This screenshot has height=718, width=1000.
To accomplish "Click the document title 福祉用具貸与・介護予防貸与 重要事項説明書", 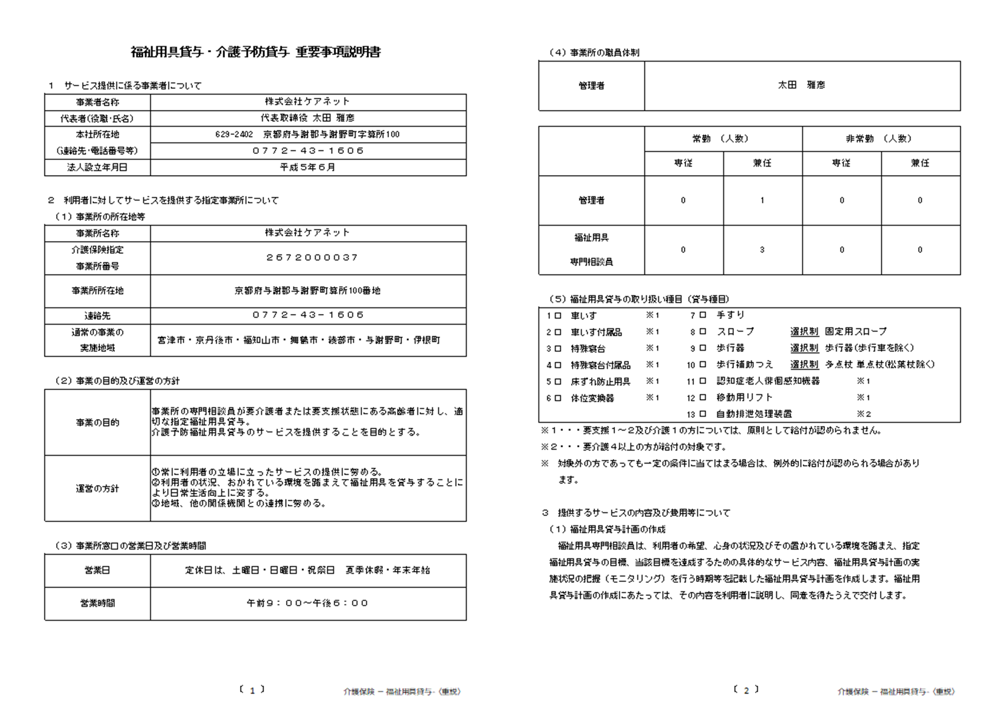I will pyautogui.click(x=256, y=52).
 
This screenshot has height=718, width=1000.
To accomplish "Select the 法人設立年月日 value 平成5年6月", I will pyautogui.click(x=308, y=167).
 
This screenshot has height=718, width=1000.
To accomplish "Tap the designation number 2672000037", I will pyautogui.click(x=308, y=258).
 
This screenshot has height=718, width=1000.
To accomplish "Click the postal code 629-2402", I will pyautogui.click(x=234, y=134).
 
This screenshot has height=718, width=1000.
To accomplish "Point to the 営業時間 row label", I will pyautogui.click(x=97, y=604).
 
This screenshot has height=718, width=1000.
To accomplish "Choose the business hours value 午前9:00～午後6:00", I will pyautogui.click(x=308, y=604).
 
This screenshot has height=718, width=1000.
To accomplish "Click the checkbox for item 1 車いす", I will pyautogui.click(x=558, y=316).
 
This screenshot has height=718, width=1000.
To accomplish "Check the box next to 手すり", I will pyautogui.click(x=703, y=315).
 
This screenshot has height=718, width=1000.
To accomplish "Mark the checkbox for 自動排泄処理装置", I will pyautogui.click(x=703, y=414).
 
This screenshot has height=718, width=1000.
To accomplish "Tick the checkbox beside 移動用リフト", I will pyautogui.click(x=703, y=397).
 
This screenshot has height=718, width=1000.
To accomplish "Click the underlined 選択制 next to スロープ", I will pyautogui.click(x=804, y=332).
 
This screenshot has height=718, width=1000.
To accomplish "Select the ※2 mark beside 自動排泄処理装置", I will pyautogui.click(x=863, y=414).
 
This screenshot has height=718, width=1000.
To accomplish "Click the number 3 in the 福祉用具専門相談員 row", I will pyautogui.click(x=762, y=250).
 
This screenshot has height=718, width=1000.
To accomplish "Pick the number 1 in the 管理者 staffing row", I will pyautogui.click(x=762, y=201).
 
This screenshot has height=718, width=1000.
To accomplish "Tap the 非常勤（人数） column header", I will pyautogui.click(x=881, y=139).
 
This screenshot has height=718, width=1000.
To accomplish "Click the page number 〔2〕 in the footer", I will pyautogui.click(x=746, y=690).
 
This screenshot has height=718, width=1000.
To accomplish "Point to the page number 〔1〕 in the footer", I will pyautogui.click(x=252, y=690).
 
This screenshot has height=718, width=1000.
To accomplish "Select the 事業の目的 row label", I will pyautogui.click(x=97, y=423).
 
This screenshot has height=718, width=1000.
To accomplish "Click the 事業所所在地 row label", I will pyautogui.click(x=97, y=291).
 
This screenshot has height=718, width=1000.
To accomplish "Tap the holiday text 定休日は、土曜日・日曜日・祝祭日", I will pyautogui.click(x=260, y=570).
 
